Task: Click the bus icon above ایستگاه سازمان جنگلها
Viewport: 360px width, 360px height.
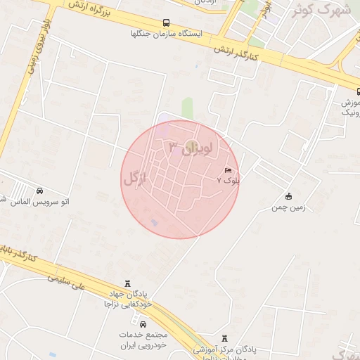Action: click(166, 22)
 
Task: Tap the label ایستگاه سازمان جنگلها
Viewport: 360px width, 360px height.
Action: click(166, 33)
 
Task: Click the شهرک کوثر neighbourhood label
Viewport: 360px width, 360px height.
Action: click(323, 10)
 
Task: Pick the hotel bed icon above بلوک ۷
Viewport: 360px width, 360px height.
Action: click(228, 171)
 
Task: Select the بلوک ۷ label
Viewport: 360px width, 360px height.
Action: click(228, 181)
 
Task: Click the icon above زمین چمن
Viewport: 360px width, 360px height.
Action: click(288, 196)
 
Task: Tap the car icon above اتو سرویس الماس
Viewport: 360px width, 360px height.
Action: click(39, 191)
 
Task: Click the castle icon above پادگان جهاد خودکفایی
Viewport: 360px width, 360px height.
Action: click(127, 283)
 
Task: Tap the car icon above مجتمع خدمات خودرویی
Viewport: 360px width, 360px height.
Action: click(143, 325)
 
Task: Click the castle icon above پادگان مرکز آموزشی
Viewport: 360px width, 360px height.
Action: click(225, 338)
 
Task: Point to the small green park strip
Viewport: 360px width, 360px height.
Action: click(187, 108)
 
